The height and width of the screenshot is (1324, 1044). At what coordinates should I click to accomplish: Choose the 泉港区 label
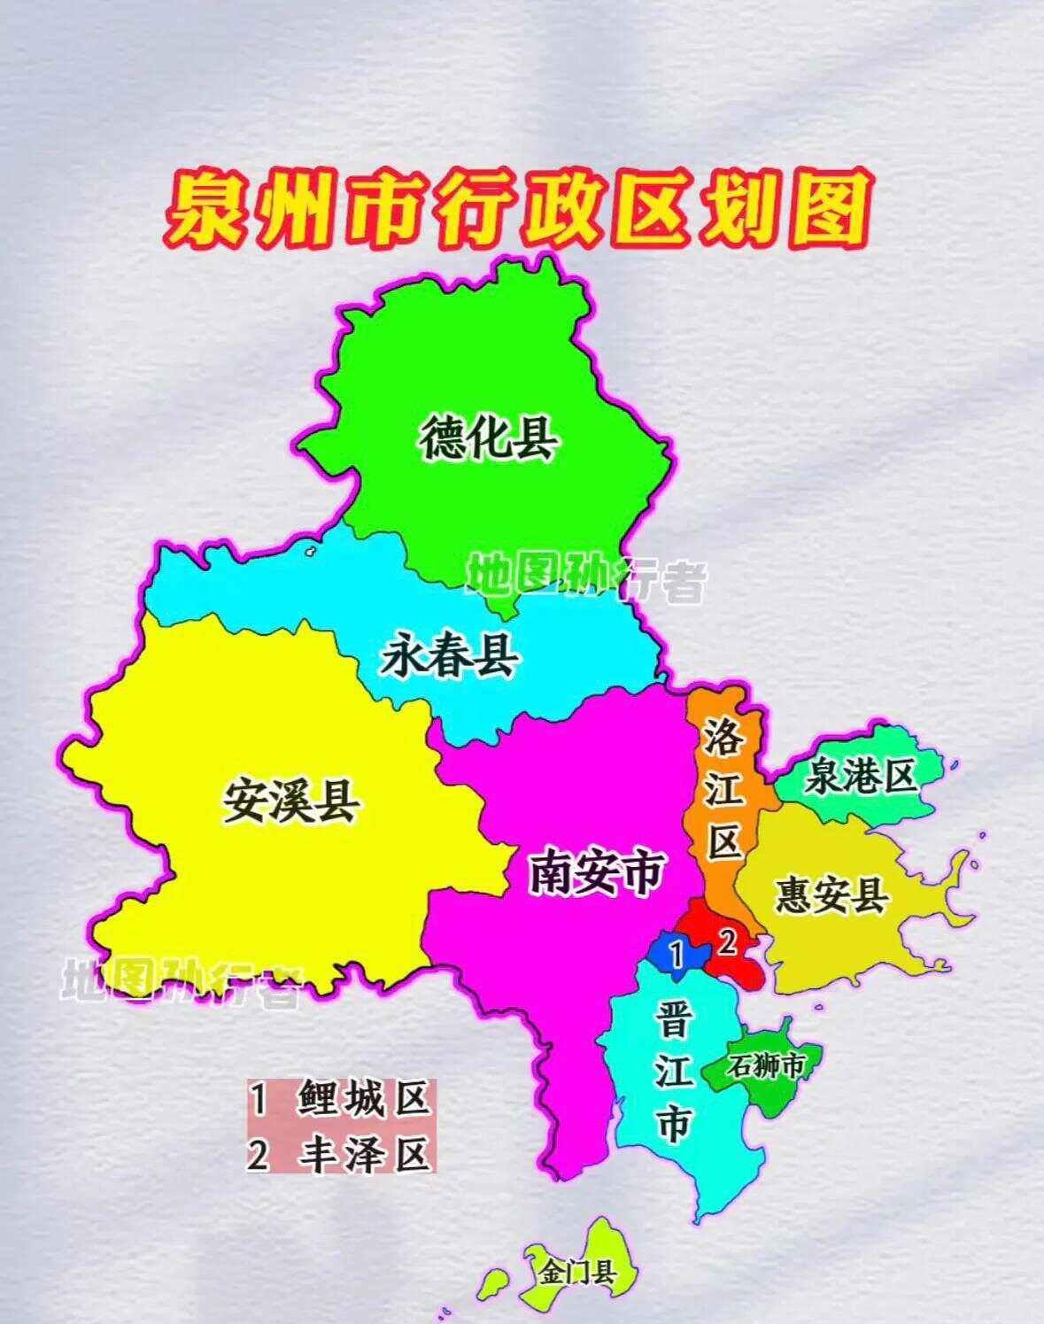pos(860,777)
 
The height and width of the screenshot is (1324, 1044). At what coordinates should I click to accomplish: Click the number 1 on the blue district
pos(677,954)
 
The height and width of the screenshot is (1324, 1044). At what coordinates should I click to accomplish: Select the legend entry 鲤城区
pos(363,1101)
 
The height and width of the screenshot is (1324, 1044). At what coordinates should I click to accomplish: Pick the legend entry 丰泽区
pos(363,1154)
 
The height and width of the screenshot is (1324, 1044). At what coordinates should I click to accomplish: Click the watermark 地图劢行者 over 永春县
pos(585,577)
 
